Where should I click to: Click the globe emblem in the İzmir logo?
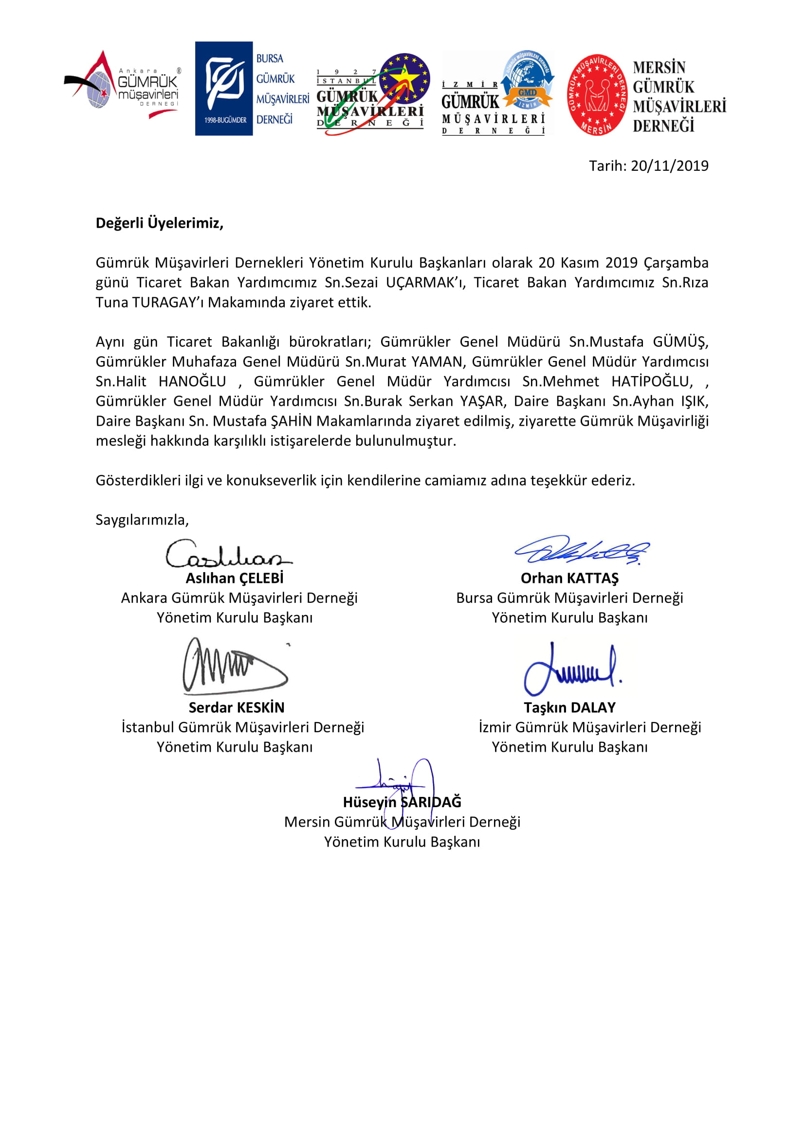[527, 79]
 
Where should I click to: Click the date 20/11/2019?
[669, 165]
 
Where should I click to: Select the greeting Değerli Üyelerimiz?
[160, 223]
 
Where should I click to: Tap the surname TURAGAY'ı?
[168, 302]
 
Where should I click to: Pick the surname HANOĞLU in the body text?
[192, 381]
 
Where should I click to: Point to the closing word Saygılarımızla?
[142, 520]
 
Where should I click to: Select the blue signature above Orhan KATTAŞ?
[582, 550]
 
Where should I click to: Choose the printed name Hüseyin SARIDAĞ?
[402, 802]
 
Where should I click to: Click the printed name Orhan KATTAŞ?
[569, 578]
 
